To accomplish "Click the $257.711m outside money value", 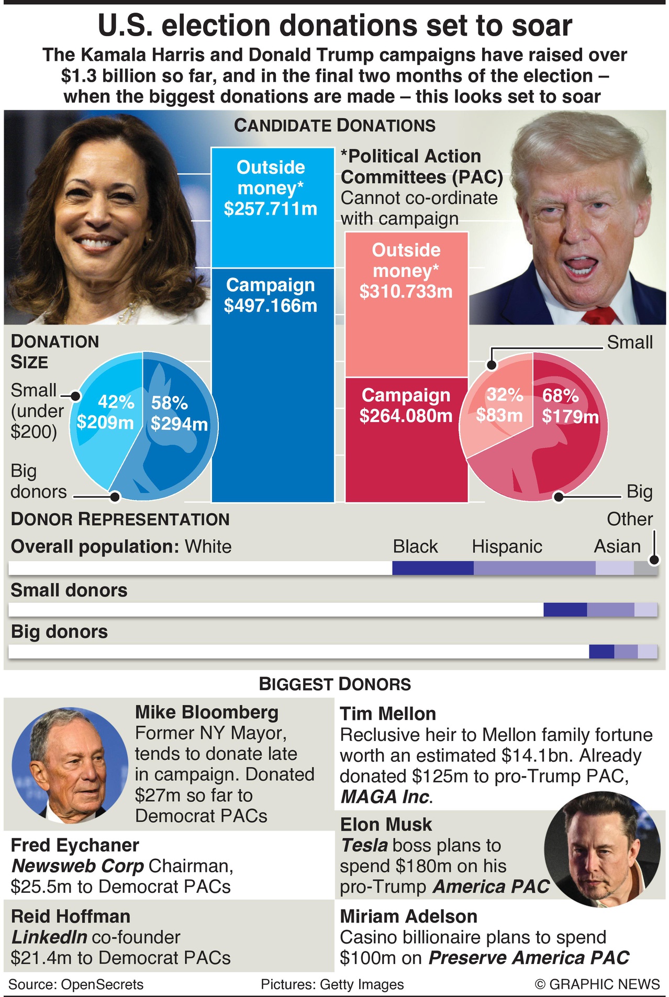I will [271, 209].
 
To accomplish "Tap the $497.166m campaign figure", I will [271, 306].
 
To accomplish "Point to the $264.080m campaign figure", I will [406, 416].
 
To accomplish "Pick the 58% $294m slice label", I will [179, 414].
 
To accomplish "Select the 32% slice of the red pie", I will [499, 405].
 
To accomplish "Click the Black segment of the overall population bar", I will [433, 568].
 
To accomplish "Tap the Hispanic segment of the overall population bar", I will [534, 568].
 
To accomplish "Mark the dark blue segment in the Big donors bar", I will [601, 651].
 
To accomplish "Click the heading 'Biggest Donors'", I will [335, 684].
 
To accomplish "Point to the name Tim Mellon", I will [388, 714].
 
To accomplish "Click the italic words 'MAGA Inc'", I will [385, 796].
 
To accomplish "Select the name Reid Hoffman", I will [71, 916].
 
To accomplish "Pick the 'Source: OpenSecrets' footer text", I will [76, 984].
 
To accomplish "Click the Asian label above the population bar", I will [617, 546].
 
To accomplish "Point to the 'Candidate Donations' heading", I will [334, 126].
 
